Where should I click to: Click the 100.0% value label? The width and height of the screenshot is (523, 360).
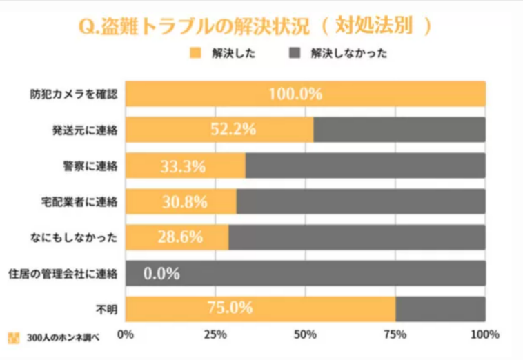click(x=295, y=94)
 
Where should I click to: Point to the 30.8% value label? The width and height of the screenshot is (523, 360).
click(x=181, y=201)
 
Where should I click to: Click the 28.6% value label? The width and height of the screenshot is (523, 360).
click(x=179, y=237)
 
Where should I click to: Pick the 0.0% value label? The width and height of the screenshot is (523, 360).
click(x=162, y=273)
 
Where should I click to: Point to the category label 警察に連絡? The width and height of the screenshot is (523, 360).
click(x=95, y=166)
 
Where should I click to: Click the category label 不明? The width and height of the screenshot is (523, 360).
click(x=109, y=309)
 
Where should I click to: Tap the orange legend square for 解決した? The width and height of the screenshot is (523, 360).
click(x=195, y=52)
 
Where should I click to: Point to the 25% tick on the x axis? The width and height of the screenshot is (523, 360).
click(x=216, y=334)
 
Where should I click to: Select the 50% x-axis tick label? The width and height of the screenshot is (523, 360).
click(x=305, y=334)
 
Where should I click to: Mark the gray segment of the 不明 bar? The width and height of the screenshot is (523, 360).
click(x=440, y=309)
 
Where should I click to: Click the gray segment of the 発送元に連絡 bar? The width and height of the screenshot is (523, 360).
click(x=399, y=130)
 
